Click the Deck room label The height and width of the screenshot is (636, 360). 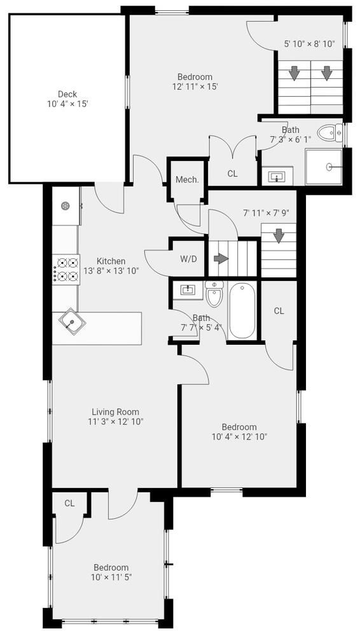coord(67,94)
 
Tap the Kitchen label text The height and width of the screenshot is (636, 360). coord(111,261)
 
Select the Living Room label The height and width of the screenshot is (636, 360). coord(115,411)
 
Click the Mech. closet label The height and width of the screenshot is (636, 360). coord(187,179)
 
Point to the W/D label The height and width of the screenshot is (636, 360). coord(188,259)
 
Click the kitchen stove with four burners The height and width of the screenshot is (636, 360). coord(66,268)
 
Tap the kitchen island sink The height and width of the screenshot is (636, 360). coord(73,322)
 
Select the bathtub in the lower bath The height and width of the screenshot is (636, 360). coord(242,311)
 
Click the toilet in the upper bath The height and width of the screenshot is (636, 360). coord(328,134)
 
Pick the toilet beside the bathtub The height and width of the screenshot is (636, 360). coord(214,295)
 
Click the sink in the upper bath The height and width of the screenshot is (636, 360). coord(277,176)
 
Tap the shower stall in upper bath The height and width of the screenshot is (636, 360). coord(328,167)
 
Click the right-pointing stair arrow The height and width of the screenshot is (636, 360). coord(221,259)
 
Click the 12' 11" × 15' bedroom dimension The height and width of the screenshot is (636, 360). coord(195,86)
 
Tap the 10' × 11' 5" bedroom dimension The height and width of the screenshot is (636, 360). coord(111,577)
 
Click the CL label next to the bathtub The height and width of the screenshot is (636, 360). coord(279,310)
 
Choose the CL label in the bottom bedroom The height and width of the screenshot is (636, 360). coord(69,503)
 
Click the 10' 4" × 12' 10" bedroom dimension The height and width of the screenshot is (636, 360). coord(239,436)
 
